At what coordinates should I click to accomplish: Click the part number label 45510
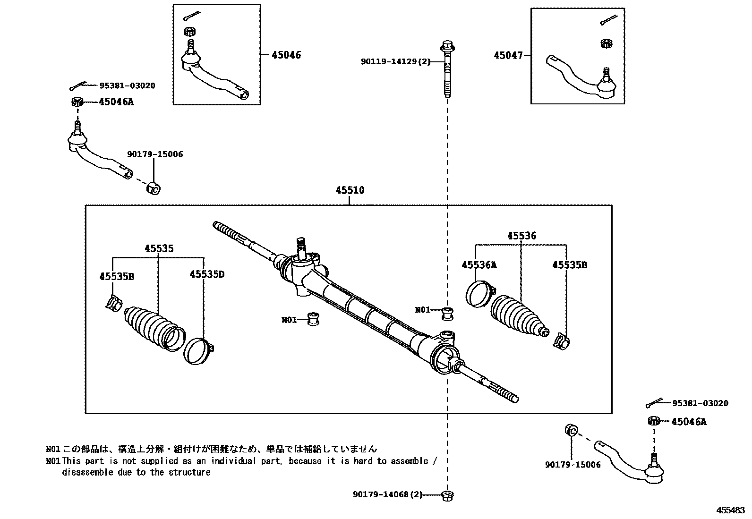[x=350, y=190]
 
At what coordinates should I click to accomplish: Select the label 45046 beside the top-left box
[x=286, y=55]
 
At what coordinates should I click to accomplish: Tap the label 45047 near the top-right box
[x=508, y=56]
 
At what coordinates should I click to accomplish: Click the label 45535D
[x=207, y=274]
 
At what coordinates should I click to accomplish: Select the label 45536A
[x=479, y=265]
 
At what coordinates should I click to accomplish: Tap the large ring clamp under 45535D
[x=197, y=351]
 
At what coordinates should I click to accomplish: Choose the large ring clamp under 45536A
[x=479, y=294]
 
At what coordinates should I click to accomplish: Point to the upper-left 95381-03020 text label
[x=127, y=86]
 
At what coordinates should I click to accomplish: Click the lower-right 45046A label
[x=689, y=422]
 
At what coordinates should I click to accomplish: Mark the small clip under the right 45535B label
[x=561, y=341]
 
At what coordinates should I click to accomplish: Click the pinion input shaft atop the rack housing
[x=301, y=246]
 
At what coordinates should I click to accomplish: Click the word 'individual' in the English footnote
[x=234, y=461]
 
